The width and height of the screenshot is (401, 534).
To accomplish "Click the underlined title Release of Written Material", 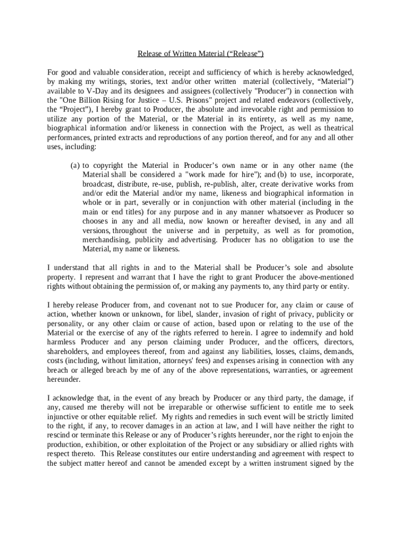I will click(x=200, y=54).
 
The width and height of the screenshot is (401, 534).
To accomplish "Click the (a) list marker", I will click(x=75, y=166).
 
